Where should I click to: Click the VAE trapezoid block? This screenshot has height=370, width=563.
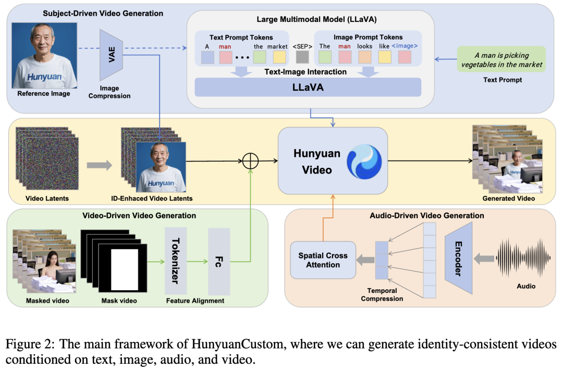click(112, 55)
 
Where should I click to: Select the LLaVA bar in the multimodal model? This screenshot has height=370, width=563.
click(308, 87)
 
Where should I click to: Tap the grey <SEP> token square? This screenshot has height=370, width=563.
click(302, 57)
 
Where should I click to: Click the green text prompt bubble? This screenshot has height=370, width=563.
click(501, 59)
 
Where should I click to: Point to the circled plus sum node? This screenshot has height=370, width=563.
click(251, 162)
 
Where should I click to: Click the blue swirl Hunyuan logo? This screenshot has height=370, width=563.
click(364, 161)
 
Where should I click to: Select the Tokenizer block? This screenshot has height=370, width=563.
click(176, 261)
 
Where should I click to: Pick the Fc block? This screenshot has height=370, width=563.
click(218, 261)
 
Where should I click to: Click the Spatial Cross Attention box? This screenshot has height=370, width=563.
click(323, 260)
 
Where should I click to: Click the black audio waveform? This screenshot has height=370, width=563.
click(523, 258)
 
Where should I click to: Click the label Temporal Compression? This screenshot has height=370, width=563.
click(382, 295)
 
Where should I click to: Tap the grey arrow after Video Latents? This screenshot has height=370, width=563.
click(99, 165)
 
